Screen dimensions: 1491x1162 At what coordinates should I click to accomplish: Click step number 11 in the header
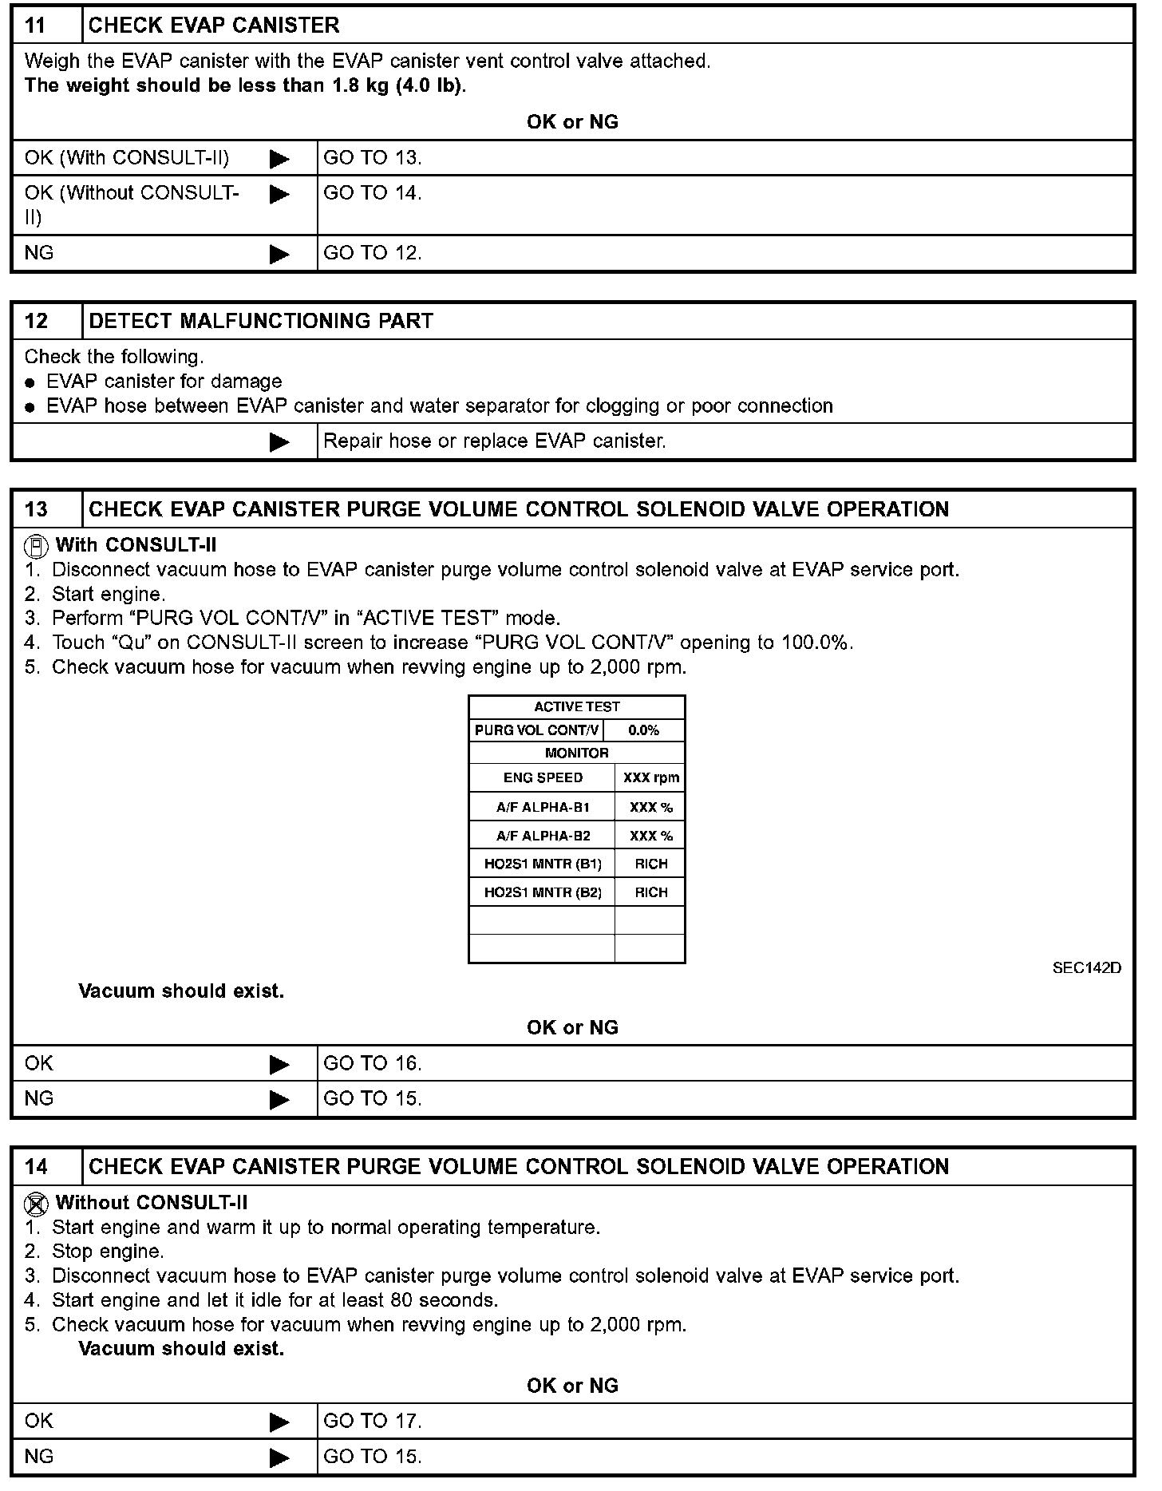click(36, 26)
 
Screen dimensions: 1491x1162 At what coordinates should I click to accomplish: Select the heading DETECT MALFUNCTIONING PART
click(261, 321)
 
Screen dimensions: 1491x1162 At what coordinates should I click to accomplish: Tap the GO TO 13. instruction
click(372, 158)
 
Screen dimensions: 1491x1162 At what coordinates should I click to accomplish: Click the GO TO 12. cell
click(372, 253)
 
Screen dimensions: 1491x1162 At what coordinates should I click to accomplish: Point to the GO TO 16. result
click(372, 1063)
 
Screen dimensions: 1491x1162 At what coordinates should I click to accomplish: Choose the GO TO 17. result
click(372, 1421)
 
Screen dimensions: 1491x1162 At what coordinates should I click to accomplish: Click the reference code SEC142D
click(1086, 967)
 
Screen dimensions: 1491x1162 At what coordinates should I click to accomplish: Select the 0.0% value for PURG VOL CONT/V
click(643, 730)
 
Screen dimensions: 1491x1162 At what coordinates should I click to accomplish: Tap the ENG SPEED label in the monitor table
click(543, 777)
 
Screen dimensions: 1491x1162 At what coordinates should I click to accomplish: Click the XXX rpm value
click(651, 777)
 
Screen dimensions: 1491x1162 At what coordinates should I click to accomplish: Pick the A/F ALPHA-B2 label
click(543, 836)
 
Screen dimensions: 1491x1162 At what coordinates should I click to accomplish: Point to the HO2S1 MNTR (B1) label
click(543, 864)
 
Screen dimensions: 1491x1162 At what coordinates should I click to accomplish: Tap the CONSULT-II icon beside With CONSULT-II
click(36, 546)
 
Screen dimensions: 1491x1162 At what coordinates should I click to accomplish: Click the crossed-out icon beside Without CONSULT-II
click(36, 1203)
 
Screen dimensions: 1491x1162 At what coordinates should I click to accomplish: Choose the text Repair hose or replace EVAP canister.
click(495, 441)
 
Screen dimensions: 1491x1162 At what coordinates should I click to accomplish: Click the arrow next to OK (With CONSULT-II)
click(279, 159)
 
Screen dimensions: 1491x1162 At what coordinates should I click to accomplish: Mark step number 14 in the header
click(36, 1167)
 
